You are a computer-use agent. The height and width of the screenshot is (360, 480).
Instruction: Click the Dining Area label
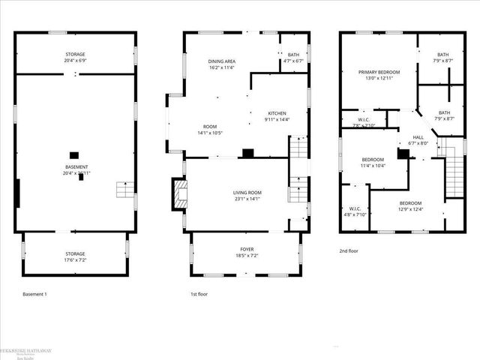pos(222,61)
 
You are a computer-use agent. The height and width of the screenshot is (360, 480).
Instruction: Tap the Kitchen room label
pos(277,112)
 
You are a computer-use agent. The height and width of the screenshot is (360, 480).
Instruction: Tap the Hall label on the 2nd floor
pos(418,137)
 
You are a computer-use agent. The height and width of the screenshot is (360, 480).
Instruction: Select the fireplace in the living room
pos(178,194)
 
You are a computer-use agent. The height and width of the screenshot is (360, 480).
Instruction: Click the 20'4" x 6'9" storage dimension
pos(74,61)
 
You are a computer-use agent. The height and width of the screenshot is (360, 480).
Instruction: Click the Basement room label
pos(76,166)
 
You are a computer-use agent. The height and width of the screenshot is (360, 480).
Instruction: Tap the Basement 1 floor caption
pos(34,294)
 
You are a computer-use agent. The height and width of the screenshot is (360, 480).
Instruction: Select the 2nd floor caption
pos(349,251)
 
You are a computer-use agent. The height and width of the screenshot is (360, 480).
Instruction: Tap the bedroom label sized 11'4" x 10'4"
pos(373,160)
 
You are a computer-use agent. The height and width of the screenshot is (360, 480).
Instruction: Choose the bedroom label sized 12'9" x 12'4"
pos(410,203)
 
